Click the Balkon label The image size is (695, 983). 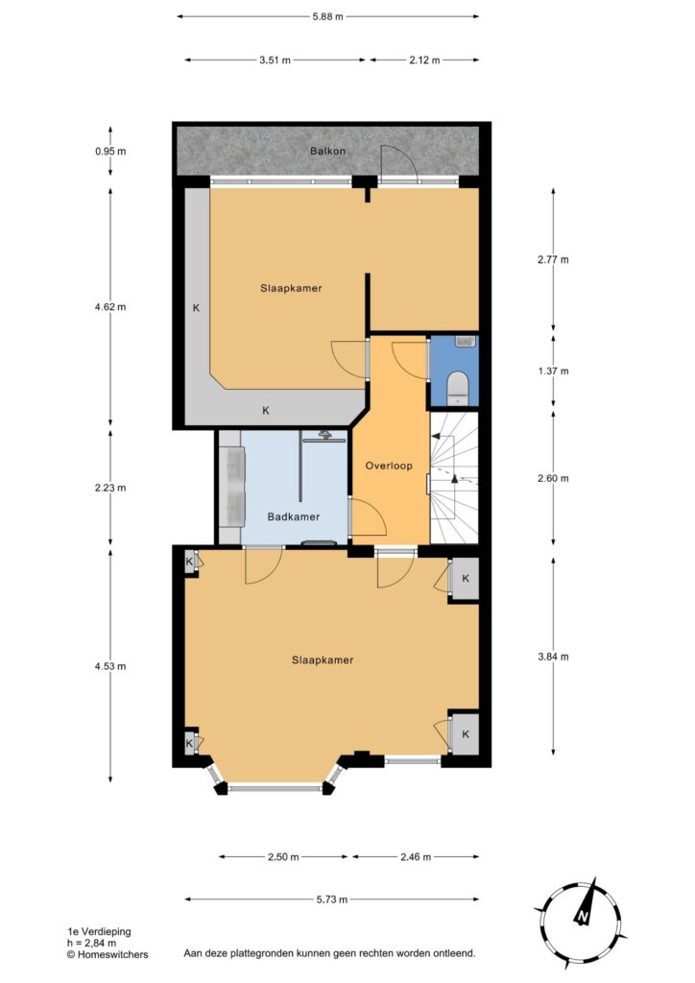coord(327,151)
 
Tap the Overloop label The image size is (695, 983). coord(389,466)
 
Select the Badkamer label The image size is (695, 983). coord(294,516)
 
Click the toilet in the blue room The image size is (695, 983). coord(459,387)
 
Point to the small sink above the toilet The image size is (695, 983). coord(466,342)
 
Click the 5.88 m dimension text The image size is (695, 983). coord(327,17)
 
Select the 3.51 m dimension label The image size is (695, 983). coord(275,60)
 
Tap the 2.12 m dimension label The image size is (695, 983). coord(424,60)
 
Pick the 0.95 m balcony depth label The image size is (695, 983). coord(110,151)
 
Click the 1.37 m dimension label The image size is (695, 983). coord(553,372)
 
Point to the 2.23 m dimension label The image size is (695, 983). coord(110,488)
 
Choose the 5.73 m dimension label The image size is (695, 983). coord(331,899)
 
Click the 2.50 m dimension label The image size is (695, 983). coord(283,857)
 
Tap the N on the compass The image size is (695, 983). coord(583,918)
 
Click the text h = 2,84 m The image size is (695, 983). coord(91,943)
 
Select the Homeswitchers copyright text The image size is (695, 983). coord(108,955)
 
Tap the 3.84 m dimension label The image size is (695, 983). coord(553,657)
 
